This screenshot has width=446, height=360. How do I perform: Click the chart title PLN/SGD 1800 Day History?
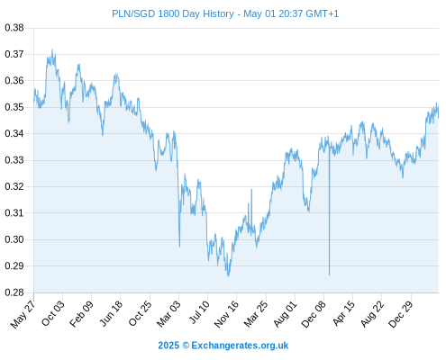click(173, 13)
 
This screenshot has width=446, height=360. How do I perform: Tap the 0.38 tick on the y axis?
click(14, 28)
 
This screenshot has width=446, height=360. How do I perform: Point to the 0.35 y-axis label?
click(14, 107)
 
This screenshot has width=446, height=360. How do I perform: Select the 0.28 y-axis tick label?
click(14, 292)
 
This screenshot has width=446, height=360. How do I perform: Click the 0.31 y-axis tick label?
click(14, 213)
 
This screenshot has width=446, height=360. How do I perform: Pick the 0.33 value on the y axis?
click(14, 160)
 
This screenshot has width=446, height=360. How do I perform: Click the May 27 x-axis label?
click(23, 314)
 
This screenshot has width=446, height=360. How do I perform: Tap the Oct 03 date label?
click(53, 314)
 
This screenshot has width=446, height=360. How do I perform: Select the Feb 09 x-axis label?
click(81, 314)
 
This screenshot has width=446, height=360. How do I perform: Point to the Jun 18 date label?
click(111, 314)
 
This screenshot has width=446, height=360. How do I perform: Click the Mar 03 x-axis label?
click(168, 314)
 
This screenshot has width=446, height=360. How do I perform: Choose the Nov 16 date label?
click(226, 314)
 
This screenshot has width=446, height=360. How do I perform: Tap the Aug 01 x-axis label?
click(285, 314)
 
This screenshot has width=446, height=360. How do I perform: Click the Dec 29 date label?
click(400, 314)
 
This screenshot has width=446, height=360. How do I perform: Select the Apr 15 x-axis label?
click(343, 314)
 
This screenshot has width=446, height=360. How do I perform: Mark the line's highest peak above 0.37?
click(52, 49)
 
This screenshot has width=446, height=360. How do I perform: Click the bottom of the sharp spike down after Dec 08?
click(329, 274)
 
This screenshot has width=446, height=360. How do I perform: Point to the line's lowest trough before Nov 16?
click(228, 275)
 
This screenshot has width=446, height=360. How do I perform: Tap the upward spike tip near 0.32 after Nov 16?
click(251, 189)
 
